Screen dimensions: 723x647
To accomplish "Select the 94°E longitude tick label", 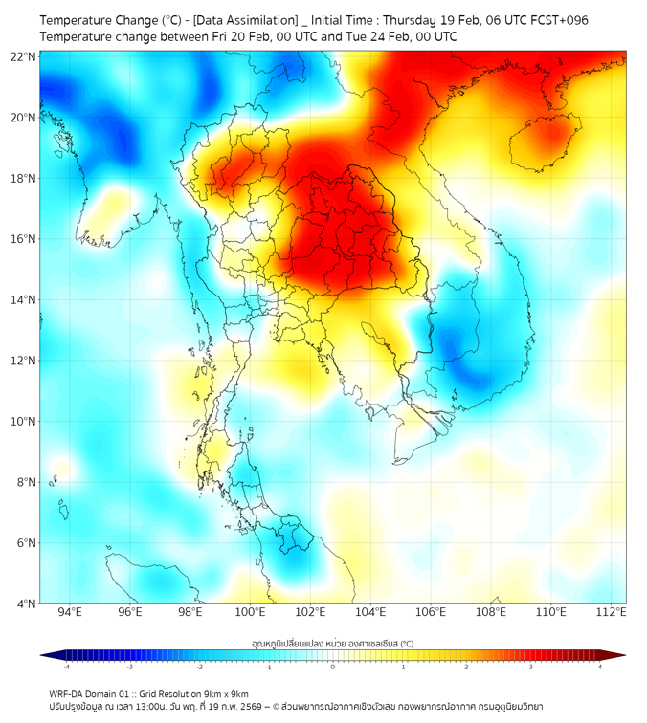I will pyautogui.click(x=70, y=612).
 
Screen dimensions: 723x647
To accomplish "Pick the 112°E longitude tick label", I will pyautogui.click(x=611, y=612).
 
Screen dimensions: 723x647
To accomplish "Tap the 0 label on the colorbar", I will pyautogui.click(x=333, y=667).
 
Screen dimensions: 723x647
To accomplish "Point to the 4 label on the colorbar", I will pyautogui.click(x=600, y=667).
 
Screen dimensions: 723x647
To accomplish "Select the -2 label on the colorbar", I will pyautogui.click(x=198, y=667).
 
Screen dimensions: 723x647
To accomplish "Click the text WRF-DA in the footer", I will pyautogui.click(x=66, y=693).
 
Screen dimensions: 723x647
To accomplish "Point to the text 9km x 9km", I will pyautogui.click(x=226, y=693).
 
